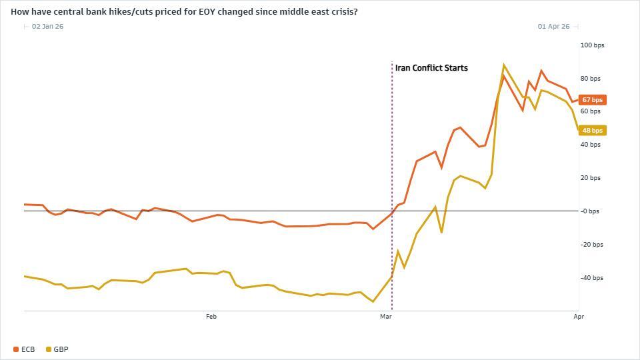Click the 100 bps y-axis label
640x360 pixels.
coord(592,45)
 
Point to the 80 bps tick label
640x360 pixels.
coord(591,79)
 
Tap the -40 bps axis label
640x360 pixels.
coord(591,278)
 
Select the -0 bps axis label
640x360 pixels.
coord(589,211)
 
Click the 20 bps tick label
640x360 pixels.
coord(591,178)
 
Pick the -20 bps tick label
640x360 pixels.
coord(591,245)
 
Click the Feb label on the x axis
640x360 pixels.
coord(211,317)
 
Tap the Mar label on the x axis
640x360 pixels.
coord(385,317)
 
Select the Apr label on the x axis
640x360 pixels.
coord(578,317)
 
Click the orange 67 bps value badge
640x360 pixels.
coord(592,100)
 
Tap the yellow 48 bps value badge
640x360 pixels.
coord(592,131)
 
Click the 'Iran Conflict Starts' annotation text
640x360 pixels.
coord(431,68)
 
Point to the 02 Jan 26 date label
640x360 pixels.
coord(47,27)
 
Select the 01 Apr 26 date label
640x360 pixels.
coord(553,27)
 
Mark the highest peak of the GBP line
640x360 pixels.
coord(504,65)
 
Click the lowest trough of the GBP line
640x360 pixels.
coord(373,301)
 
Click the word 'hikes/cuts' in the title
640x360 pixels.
coord(127,12)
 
